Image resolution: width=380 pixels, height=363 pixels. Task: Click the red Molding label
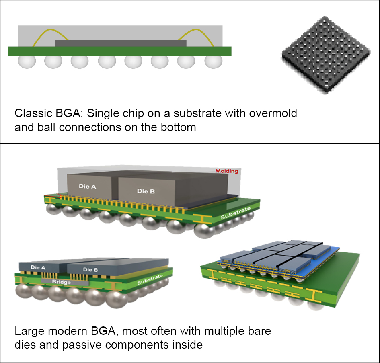pos(227,171)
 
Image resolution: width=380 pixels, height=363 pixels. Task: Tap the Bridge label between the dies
pos(61,282)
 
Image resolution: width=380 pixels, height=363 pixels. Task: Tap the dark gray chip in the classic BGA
pos(121,43)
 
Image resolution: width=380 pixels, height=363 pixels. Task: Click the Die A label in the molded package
pos(90,186)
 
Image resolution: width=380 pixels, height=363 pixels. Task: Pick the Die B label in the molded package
pos(146,191)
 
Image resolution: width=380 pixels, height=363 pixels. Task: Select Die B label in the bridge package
pos(90,269)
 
